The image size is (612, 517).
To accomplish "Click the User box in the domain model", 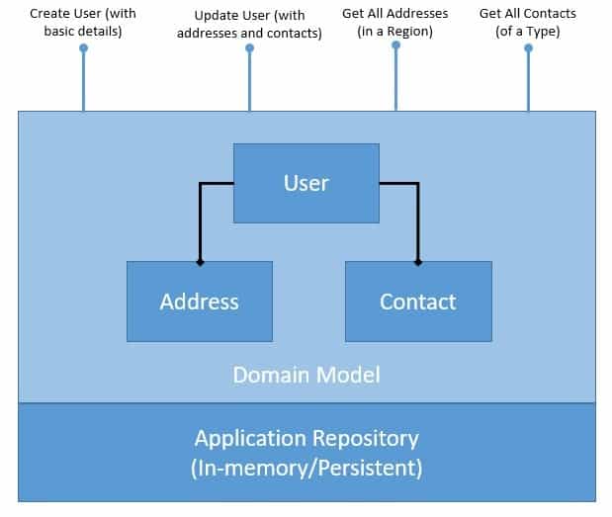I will click(x=306, y=183).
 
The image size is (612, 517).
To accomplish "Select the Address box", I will click(x=199, y=302).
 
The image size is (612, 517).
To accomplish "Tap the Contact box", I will click(x=417, y=302).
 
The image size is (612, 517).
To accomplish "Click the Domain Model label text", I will click(x=306, y=375).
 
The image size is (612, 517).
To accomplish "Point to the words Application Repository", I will click(x=306, y=438).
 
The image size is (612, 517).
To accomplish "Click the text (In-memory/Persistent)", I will click(x=306, y=467).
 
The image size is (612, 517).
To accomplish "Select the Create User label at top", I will click(x=82, y=22).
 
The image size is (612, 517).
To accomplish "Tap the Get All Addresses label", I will click(x=394, y=22).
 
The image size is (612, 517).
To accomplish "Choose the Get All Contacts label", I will click(x=527, y=22).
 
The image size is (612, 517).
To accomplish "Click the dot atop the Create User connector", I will click(x=83, y=46).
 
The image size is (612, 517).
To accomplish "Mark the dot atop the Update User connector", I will click(x=249, y=46).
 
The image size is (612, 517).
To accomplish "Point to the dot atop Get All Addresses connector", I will click(x=395, y=44).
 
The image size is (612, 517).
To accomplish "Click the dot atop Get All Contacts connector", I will click(x=528, y=46).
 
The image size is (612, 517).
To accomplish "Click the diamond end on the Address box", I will click(x=200, y=262).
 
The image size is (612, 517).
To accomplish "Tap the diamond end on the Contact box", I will click(x=417, y=262).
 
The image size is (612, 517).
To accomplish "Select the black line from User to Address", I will click(x=201, y=222).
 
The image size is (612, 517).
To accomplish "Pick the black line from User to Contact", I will click(x=417, y=222).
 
